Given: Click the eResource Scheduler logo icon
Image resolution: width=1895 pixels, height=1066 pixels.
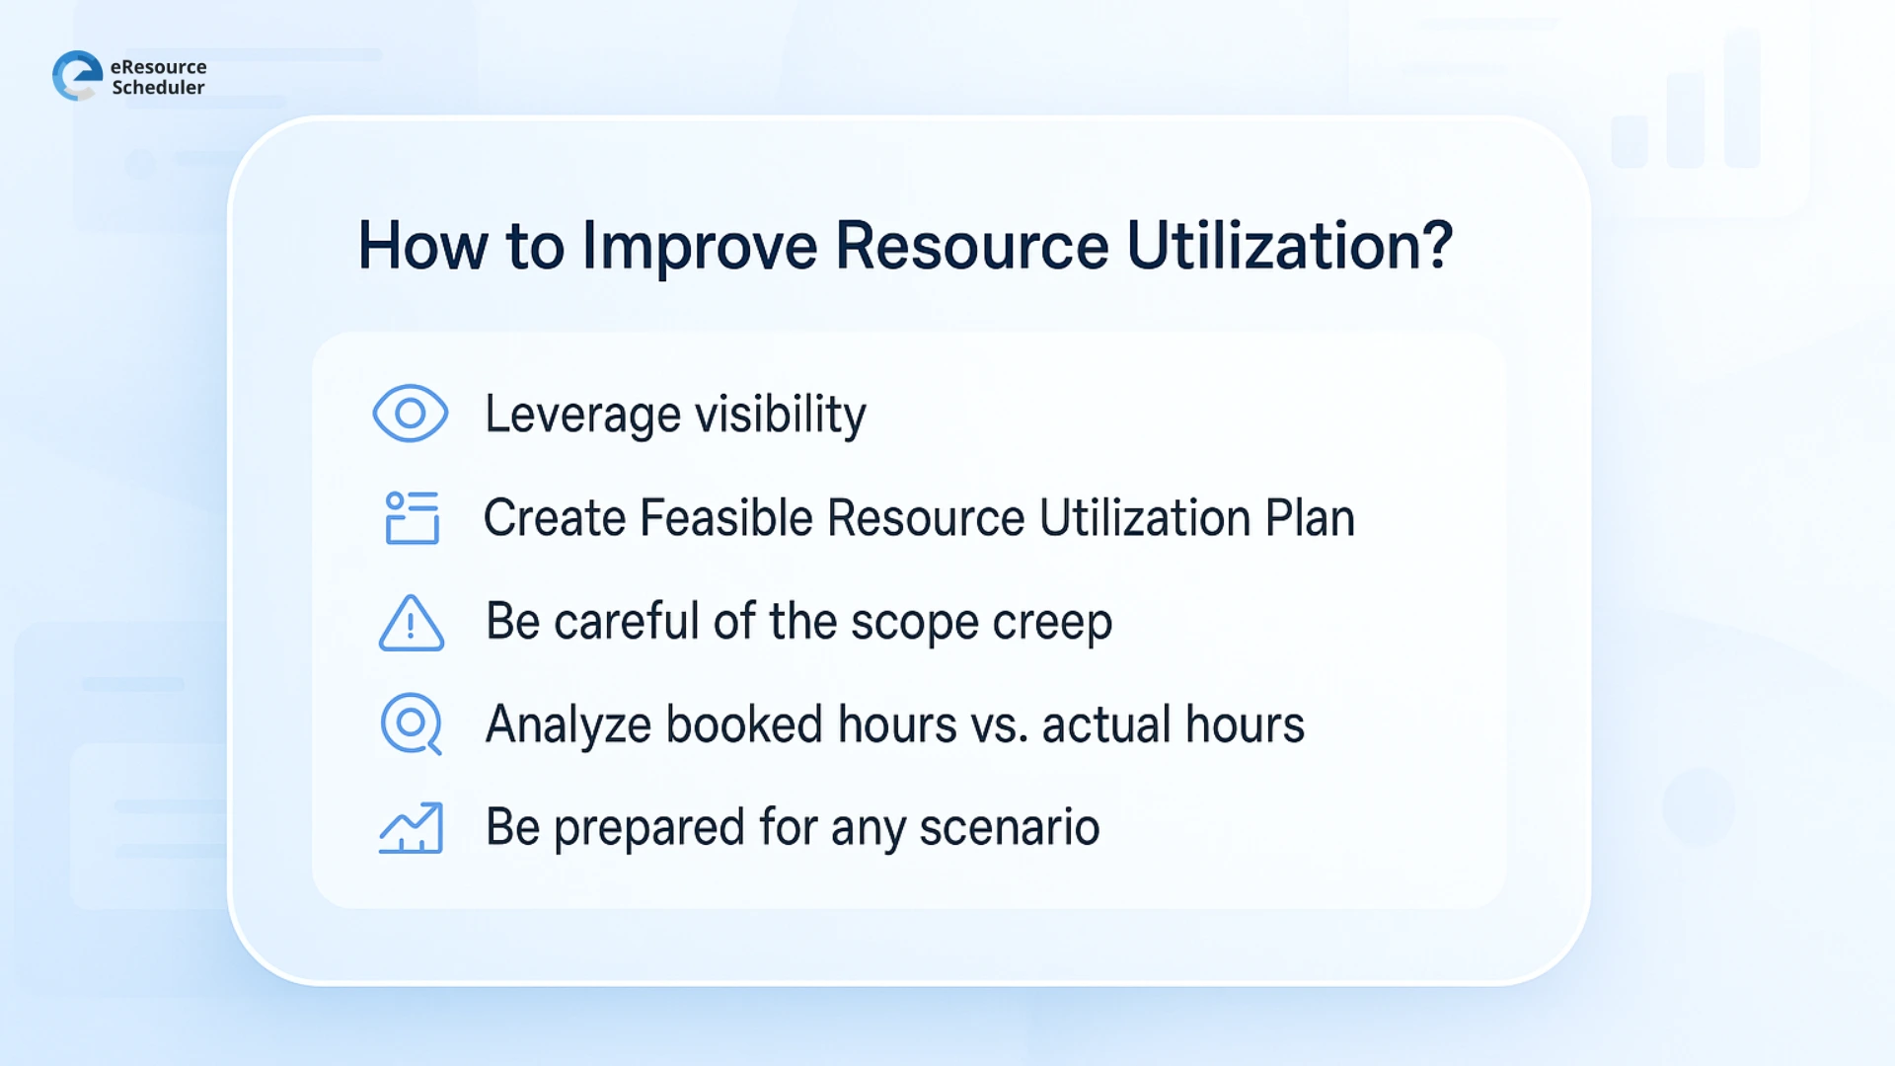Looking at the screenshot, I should click(77, 76).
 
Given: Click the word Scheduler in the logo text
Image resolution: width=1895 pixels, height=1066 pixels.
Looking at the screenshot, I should click(158, 88).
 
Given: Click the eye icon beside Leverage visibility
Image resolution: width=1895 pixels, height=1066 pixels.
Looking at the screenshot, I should click(410, 414).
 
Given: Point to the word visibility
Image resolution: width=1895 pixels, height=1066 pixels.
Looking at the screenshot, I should click(780, 414).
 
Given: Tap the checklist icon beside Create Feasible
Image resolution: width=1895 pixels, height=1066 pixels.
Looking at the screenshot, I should click(412, 517).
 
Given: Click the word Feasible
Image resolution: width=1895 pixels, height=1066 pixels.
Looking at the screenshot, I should click(725, 518).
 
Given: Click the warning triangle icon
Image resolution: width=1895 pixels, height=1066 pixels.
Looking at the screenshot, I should click(411, 623).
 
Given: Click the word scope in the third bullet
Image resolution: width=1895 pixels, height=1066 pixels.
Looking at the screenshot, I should click(914, 623).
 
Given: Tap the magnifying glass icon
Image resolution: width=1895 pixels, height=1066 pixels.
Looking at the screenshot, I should click(411, 724).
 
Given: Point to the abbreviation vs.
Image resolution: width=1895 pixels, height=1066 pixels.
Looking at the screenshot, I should click(999, 726).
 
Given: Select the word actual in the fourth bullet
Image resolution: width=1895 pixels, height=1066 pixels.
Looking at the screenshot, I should click(1106, 724).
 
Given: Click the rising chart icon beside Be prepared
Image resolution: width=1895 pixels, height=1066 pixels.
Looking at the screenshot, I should click(411, 827).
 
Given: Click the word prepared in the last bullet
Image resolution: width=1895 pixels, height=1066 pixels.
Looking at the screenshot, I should click(648, 829).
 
